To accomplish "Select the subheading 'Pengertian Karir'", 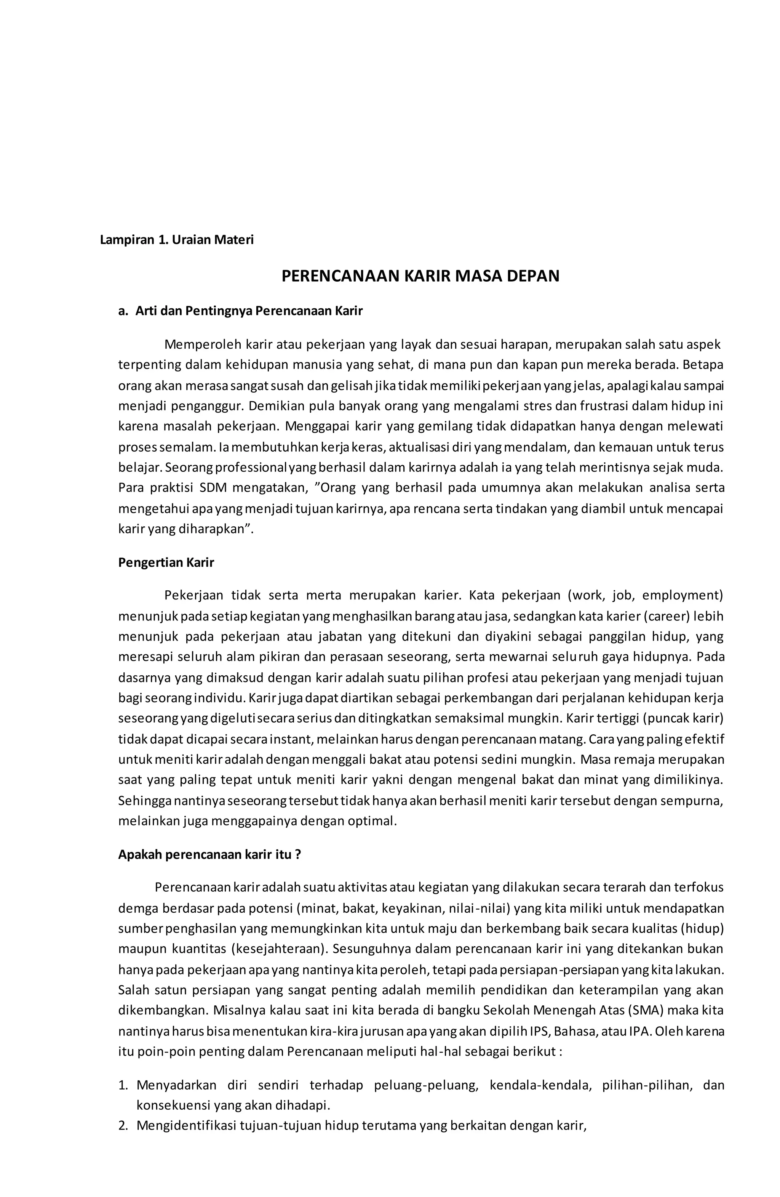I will click(166, 562).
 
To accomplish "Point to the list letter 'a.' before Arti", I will click(123, 311).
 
